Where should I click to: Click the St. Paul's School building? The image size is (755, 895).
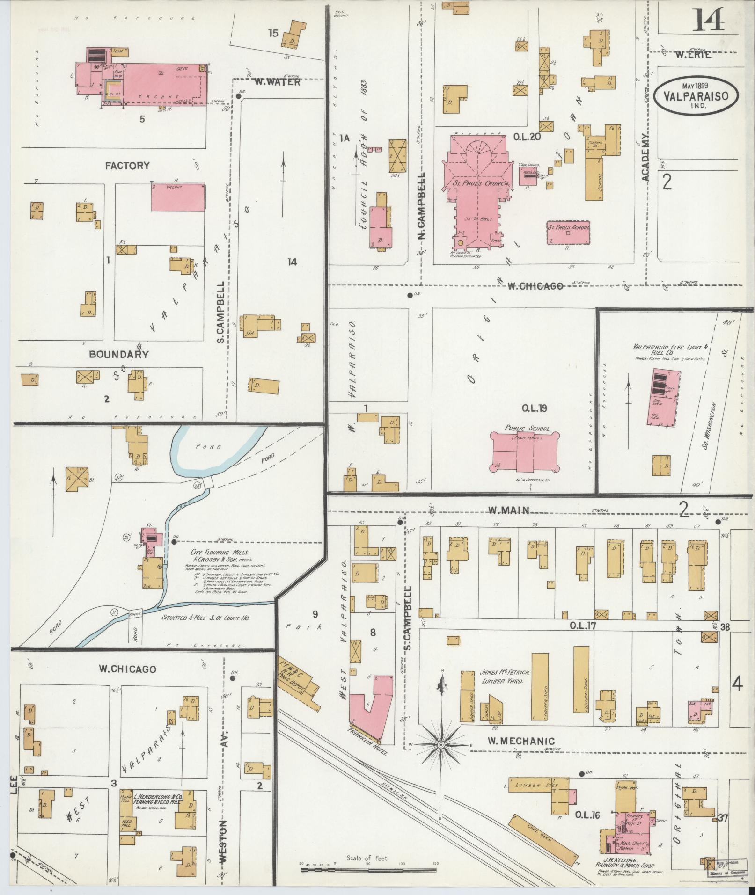tap(568, 233)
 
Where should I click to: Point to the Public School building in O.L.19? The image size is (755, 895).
tap(525, 451)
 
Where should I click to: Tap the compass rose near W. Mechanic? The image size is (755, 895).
tap(440, 744)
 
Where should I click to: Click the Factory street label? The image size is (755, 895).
tap(127, 165)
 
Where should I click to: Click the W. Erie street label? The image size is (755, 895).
tap(693, 55)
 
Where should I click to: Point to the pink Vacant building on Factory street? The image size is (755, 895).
tap(178, 197)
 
